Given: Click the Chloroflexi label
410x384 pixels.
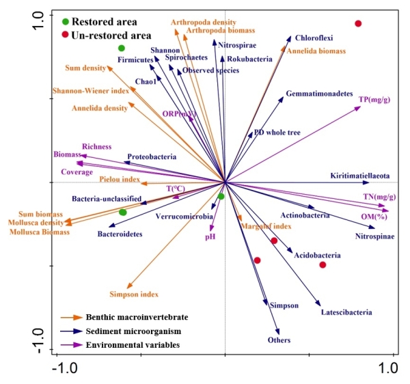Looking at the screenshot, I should tap(314, 39).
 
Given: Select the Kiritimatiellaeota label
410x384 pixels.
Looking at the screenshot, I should tap(359, 175).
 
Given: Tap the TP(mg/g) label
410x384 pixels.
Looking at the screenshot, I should tap(374, 100).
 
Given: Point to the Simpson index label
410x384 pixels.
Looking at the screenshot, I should tap(133, 294).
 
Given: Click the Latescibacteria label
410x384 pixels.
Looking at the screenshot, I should tap(346, 312).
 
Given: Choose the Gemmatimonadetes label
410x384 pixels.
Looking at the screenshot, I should tap(319, 93).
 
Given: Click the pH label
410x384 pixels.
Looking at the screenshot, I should tap(210, 236).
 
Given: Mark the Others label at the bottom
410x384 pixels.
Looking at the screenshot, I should tap(279, 340).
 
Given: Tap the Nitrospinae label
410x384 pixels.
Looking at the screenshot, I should tap(374, 236).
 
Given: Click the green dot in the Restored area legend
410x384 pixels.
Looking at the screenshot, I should tap(65, 22).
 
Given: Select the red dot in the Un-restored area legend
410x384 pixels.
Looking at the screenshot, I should tap(65, 34).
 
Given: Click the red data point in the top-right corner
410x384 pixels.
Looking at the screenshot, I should tap(358, 24).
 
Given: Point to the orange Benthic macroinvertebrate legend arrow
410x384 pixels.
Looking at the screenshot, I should tap(70, 318).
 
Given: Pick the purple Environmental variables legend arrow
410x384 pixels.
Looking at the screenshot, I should tap(70, 345).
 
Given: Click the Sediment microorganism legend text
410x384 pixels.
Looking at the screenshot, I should tap(128, 331).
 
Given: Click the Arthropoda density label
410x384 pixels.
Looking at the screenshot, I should tap(204, 23).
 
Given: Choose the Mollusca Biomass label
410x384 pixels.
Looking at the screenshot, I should tap(40, 232).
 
